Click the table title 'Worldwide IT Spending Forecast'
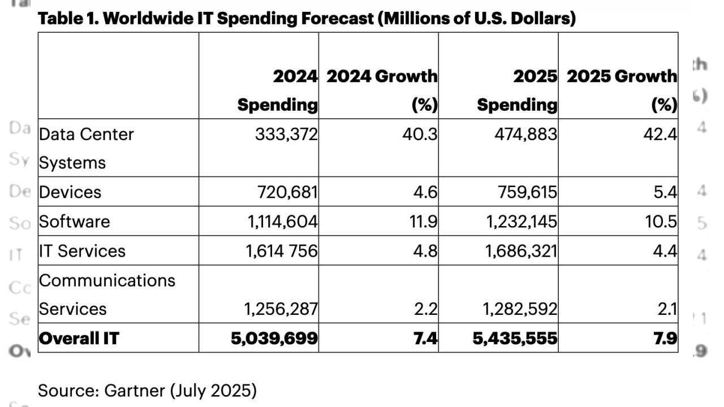coord(306,19)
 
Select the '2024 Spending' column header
coord(277,90)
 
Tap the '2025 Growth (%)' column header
coord(622,90)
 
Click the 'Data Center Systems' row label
coord(86,148)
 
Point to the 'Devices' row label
coord(70,192)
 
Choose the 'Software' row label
coord(74,221)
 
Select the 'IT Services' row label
coord(82,250)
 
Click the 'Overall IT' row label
coord(79,338)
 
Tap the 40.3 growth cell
coord(422,135)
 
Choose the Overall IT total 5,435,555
coord(514,338)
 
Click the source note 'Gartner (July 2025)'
coord(147,390)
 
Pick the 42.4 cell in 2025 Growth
coord(662,135)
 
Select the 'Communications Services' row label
coord(107,295)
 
